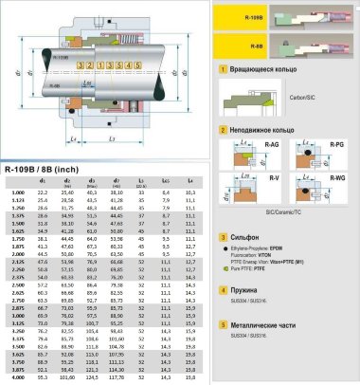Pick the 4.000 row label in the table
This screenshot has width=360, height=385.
pyautogui.click(x=17, y=377)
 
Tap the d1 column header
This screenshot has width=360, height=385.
pyautogui.click(x=42, y=180)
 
